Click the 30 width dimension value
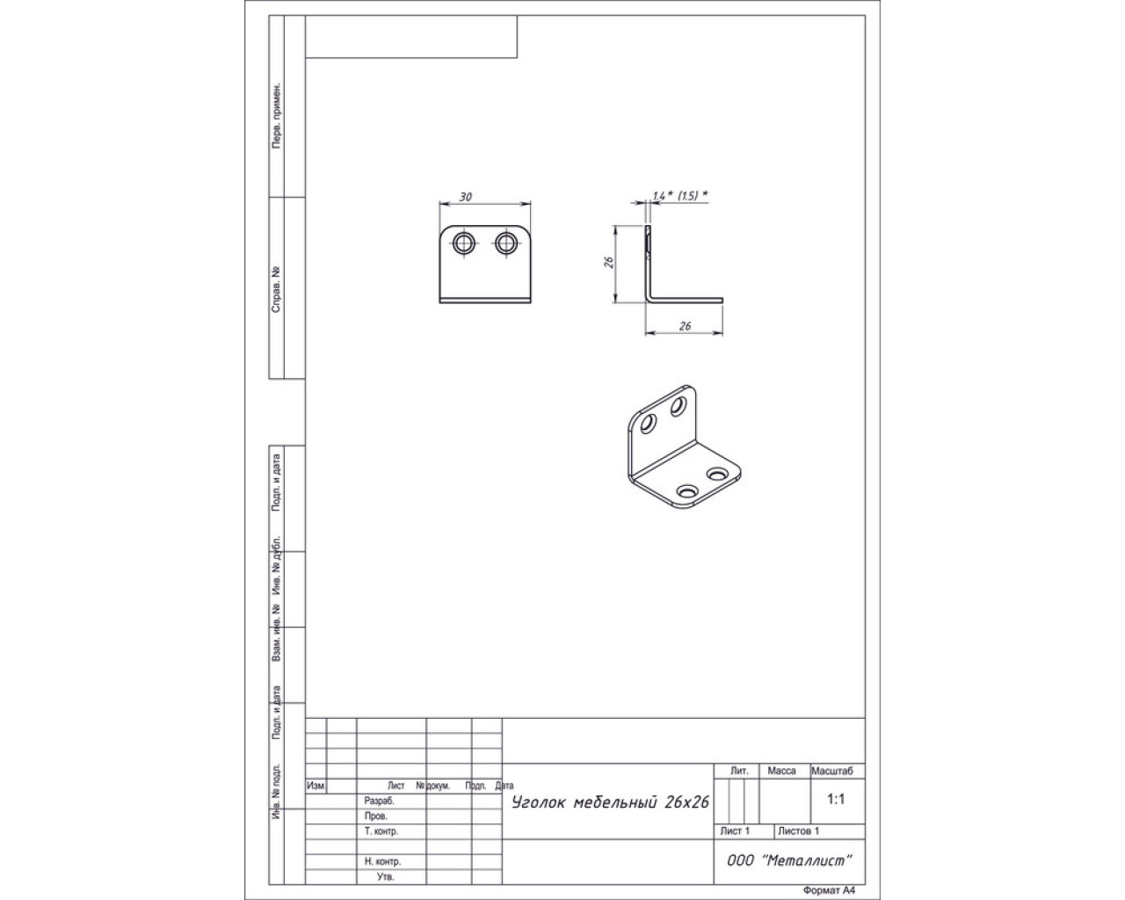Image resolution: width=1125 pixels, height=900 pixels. coord(465,197)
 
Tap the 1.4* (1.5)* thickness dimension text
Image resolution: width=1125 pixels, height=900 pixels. coord(679,196)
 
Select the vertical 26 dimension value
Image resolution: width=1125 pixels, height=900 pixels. coord(608,263)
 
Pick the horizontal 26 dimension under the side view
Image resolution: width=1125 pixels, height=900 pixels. coord(685,326)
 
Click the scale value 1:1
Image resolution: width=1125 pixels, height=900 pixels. coord(836,799)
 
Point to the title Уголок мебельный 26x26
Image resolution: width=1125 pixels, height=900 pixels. coord(610,802)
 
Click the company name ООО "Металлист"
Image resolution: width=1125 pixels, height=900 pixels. coord(789,860)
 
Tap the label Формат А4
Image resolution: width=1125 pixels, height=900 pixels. coord(829,890)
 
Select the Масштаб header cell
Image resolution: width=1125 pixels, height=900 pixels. coord(831,771)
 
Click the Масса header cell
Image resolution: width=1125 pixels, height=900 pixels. coord(781,771)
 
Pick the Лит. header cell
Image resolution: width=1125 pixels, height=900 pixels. coord(739,771)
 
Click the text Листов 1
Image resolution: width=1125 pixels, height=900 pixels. coord(798,831)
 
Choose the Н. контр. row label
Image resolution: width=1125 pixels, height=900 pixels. coord(382,861)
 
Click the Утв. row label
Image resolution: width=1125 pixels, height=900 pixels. coord(385,876)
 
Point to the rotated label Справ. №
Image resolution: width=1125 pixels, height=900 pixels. coord(276,290)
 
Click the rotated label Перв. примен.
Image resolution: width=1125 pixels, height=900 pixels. coord(276,115)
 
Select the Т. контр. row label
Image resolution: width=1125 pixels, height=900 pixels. coord(381,831)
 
